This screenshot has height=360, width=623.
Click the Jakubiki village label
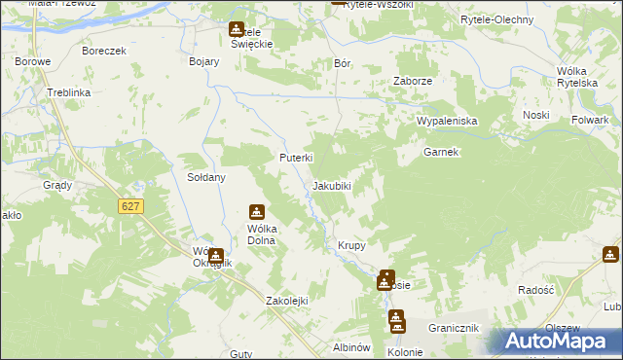[331, 185]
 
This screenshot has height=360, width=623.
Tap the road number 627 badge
[130, 206]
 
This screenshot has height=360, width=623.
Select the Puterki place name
[295, 158]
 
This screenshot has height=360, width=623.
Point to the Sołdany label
[206, 178]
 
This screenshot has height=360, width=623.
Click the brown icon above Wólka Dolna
[257, 212]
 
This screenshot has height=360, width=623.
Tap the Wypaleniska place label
[446, 121]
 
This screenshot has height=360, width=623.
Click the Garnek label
[440, 153]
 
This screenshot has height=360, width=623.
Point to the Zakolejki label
[286, 301]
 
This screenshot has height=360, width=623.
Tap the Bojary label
[203, 60]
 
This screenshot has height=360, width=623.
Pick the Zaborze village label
[412, 82]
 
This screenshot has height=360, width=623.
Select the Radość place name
[535, 290]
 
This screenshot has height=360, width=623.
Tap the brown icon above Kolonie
[396, 318]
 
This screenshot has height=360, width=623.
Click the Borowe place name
[32, 60]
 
